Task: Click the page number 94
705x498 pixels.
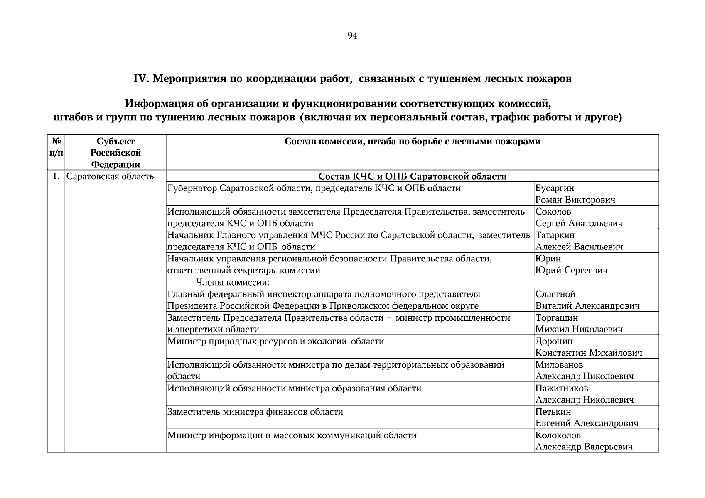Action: click(x=352, y=36)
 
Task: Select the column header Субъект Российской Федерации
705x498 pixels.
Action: click(x=115, y=153)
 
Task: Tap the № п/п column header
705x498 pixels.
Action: click(x=56, y=147)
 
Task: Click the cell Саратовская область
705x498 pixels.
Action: click(x=110, y=176)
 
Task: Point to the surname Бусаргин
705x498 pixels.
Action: click(x=555, y=188)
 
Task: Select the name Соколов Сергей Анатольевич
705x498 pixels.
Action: click(x=578, y=217)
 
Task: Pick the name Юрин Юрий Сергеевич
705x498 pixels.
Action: click(x=571, y=264)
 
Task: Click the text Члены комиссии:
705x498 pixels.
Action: click(x=233, y=283)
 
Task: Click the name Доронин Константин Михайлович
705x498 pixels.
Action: click(x=588, y=347)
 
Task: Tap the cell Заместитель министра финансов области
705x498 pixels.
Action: click(x=255, y=412)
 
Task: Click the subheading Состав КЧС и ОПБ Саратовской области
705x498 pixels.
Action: click(x=412, y=176)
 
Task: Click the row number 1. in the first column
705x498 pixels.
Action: click(x=56, y=176)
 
